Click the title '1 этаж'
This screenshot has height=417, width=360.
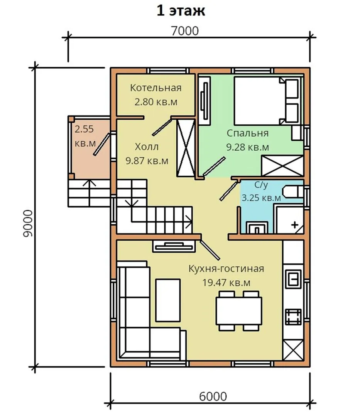click(x=181, y=11)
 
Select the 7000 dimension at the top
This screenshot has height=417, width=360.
click(x=185, y=31)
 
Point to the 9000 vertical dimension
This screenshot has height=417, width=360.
click(x=28, y=224)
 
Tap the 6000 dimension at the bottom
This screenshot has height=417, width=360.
click(x=213, y=396)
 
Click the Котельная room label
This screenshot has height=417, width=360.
click(x=155, y=88)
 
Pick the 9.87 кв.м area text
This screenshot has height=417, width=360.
click(x=147, y=161)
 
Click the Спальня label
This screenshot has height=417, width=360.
click(x=247, y=133)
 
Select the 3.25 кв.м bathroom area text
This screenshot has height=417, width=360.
click(x=261, y=198)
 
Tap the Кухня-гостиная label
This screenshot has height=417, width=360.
click(x=226, y=269)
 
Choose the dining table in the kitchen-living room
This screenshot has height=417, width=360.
click(x=239, y=310)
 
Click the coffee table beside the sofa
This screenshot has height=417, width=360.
click(x=168, y=300)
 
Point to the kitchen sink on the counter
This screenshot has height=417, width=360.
click(x=293, y=279)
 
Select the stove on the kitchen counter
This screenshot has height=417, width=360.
click(x=293, y=317)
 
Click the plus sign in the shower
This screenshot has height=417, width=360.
click(x=295, y=225)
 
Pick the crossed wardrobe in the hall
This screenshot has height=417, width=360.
click(x=186, y=148)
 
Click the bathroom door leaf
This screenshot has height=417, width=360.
click(x=228, y=191)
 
